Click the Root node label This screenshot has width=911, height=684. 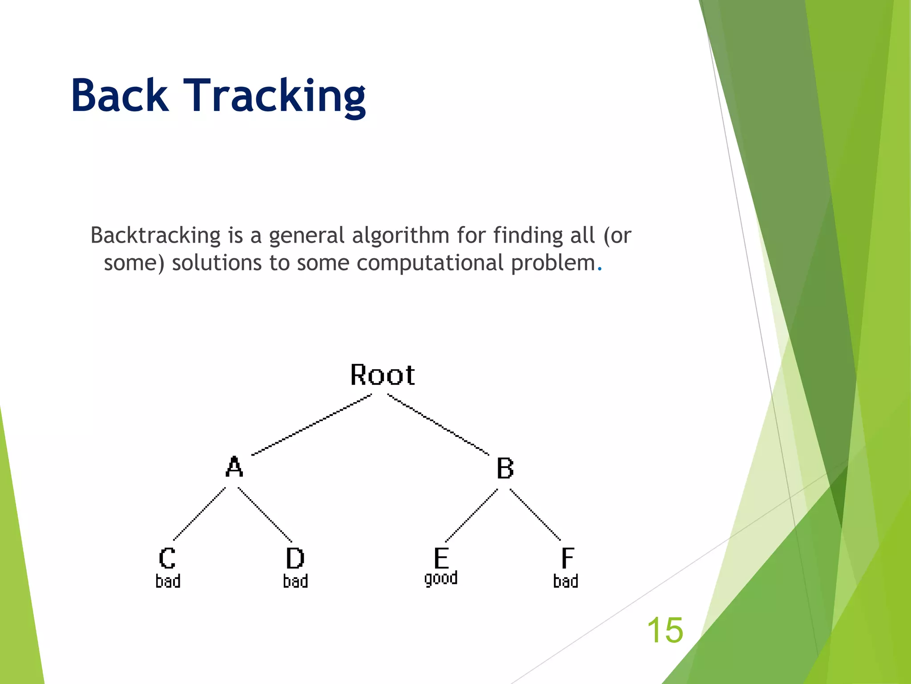point(383,375)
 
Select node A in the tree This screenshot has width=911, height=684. point(234,467)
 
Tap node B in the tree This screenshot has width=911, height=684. point(505,468)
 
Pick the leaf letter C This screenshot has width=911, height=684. point(167,558)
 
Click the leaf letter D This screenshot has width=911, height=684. point(295,558)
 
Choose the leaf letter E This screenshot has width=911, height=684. point(441,558)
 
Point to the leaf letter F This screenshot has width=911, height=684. point(567,558)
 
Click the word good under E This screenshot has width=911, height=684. point(441,578)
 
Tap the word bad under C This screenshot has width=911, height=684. point(168,582)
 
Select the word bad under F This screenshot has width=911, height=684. point(565,582)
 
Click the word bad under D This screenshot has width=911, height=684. point(295,582)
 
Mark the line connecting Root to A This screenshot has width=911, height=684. point(311,424)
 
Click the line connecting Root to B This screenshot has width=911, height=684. point(438,424)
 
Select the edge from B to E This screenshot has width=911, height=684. point(472,515)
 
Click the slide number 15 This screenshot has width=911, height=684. point(665,630)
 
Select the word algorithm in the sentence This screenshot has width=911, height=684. point(400,236)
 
